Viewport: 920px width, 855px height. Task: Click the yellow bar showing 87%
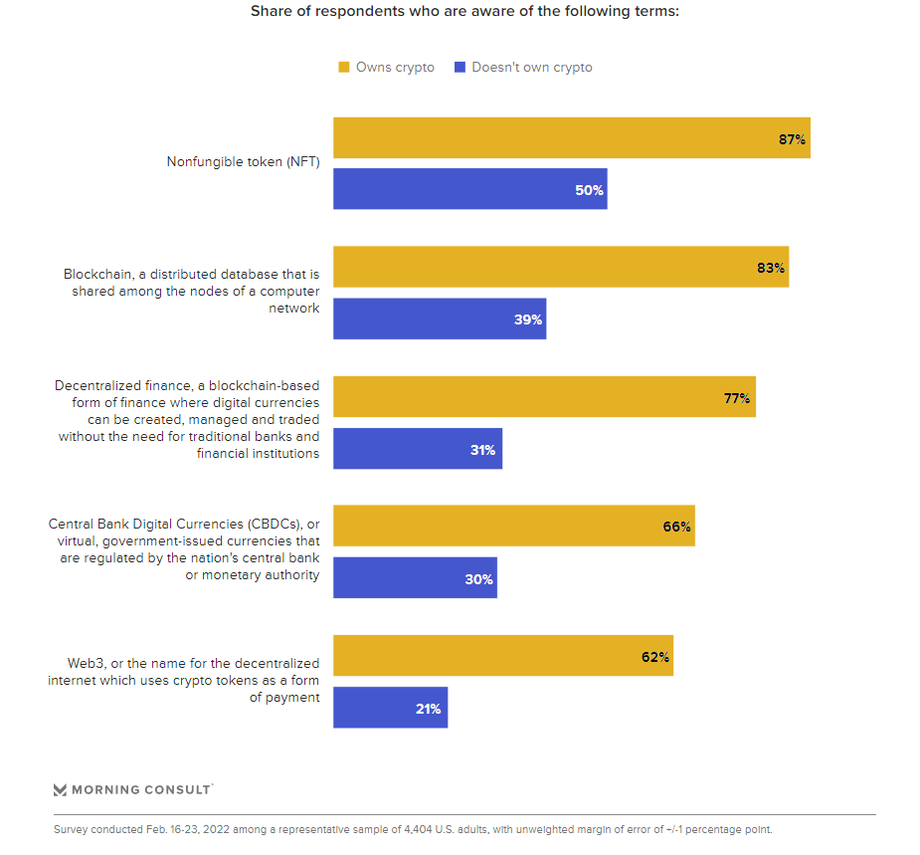coord(571,137)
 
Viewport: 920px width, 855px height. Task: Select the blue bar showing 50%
coord(469,189)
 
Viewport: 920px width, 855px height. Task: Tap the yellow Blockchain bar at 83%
coord(560,267)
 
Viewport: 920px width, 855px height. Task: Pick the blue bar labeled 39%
coord(439,319)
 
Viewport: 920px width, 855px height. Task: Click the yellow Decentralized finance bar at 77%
coord(544,396)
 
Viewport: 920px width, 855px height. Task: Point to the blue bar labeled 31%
coord(417,449)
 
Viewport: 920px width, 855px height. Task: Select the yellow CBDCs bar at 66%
coord(513,526)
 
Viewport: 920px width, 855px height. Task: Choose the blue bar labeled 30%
coord(414,577)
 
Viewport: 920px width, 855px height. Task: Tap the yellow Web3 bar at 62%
coord(502,655)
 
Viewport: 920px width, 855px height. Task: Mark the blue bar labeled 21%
coord(390,707)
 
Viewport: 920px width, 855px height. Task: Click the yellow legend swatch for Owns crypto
coord(344,68)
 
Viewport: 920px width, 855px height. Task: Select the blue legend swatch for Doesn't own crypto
coord(460,68)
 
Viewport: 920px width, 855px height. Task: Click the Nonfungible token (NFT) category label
coord(243,162)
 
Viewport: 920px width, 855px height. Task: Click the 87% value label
coord(792,139)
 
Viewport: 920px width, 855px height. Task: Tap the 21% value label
coord(429,709)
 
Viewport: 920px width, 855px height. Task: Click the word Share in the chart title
coord(271,12)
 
